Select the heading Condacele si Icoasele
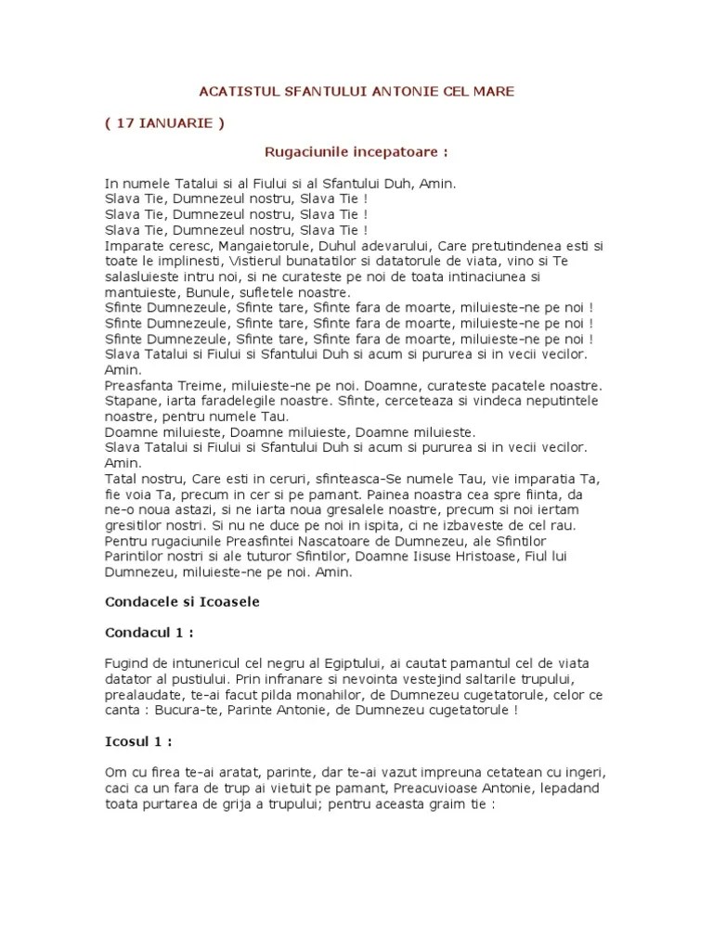click(182, 601)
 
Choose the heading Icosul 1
click(139, 742)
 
